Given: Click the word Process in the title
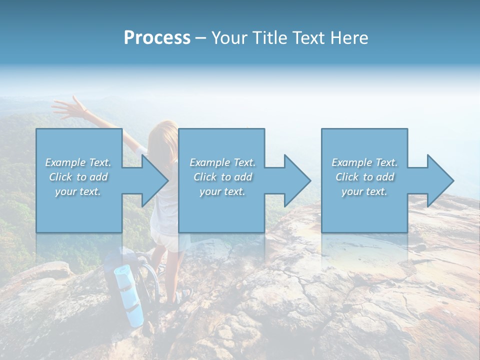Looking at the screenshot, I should tap(157, 38).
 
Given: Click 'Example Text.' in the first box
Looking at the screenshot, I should tap(78, 162).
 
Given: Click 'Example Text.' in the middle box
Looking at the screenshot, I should tap(222, 162).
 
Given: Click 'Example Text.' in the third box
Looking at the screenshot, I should tap(364, 162).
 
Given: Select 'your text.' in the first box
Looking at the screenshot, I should tap(78, 191).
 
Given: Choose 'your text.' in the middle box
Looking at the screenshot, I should tap(222, 191).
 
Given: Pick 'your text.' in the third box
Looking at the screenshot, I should tap(364, 191).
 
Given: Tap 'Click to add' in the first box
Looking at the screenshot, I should tap(78, 177).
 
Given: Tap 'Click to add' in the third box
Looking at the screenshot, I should tap(364, 177).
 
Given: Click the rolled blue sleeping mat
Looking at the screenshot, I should tap(129, 295).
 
